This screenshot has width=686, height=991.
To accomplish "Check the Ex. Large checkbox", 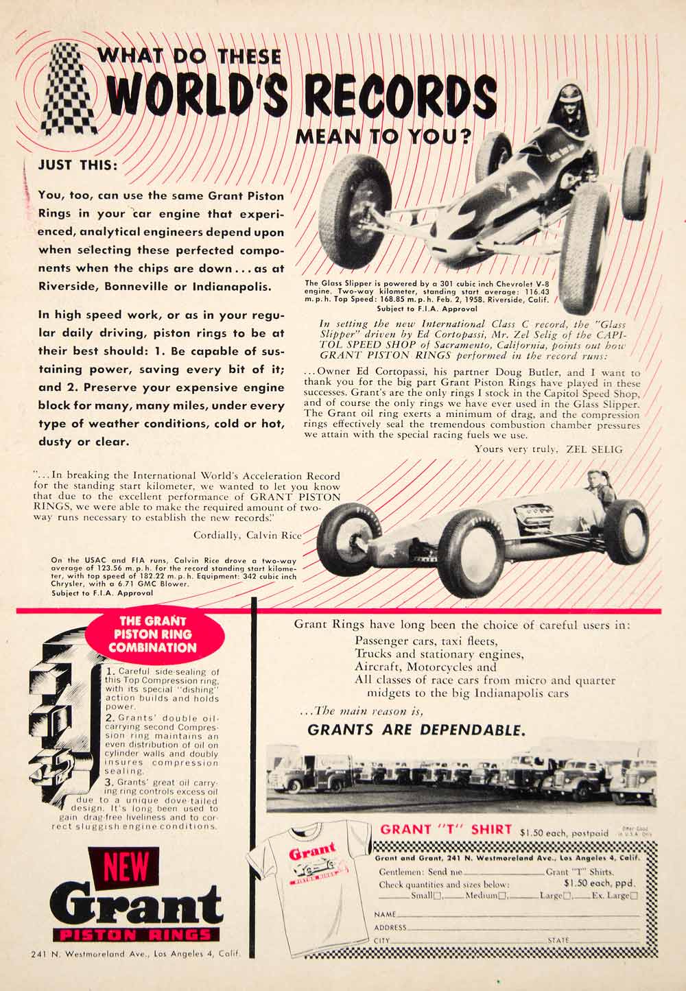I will [x=634, y=896].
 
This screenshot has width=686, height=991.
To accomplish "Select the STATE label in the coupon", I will [x=558, y=940].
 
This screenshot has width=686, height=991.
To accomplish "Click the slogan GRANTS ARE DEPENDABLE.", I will [x=417, y=729].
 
